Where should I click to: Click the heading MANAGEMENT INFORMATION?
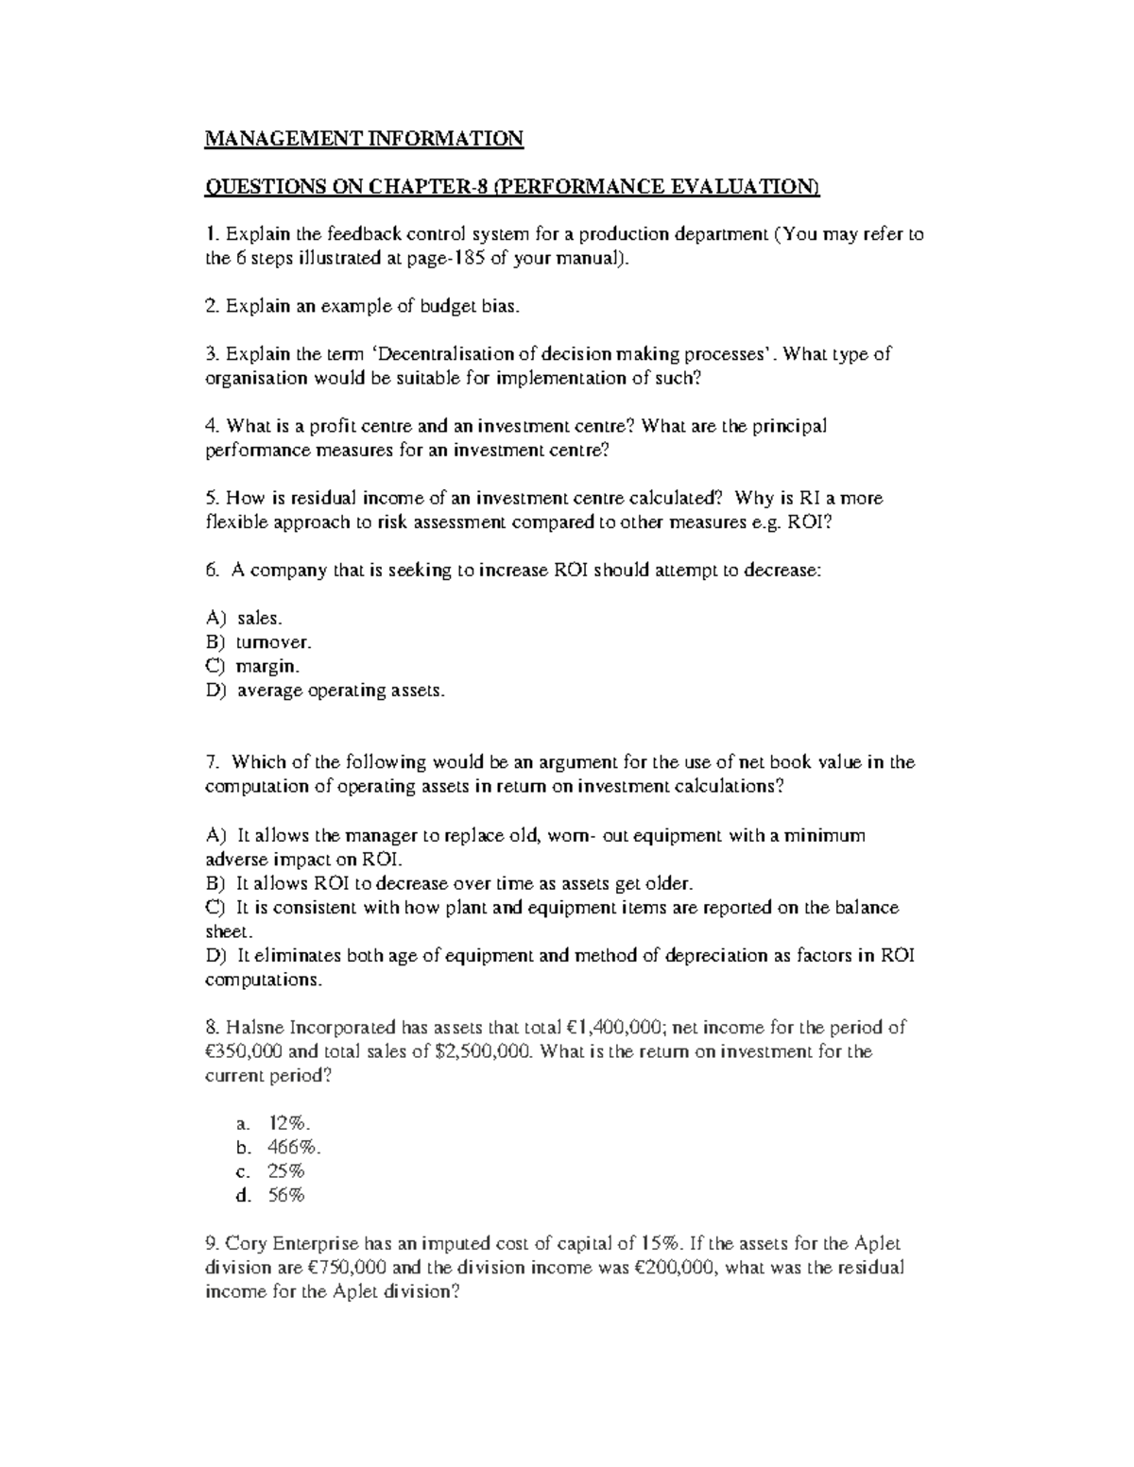(x=364, y=139)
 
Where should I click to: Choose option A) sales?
(x=244, y=618)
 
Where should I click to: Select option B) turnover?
(x=257, y=642)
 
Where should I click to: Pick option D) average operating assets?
(x=324, y=691)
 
